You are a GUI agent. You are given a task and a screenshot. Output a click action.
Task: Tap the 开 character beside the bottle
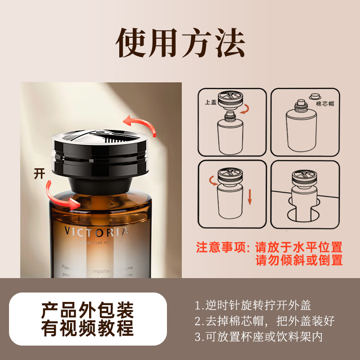pyautogui.click(x=40, y=173)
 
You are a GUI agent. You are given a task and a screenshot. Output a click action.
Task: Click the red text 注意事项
pyautogui.click(x=224, y=247)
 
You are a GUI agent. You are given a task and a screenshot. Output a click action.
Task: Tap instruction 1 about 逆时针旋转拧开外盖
pyautogui.click(x=253, y=305)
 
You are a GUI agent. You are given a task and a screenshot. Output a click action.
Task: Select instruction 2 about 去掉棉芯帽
pyautogui.click(x=265, y=321)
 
